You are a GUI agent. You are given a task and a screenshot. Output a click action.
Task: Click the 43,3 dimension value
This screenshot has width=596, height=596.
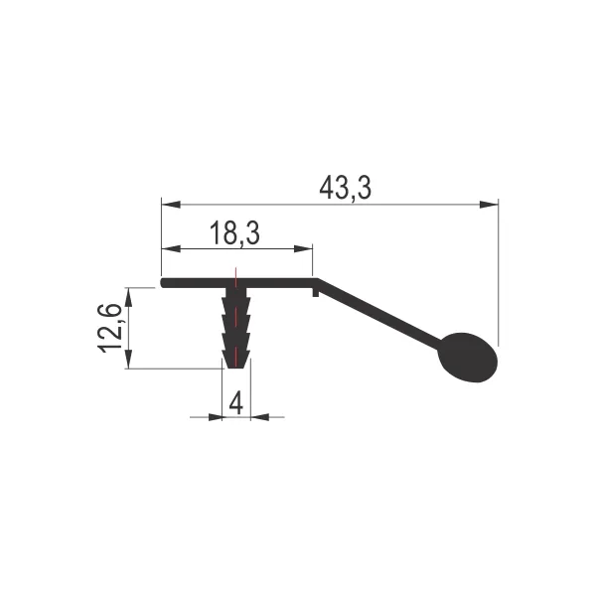click(x=345, y=188)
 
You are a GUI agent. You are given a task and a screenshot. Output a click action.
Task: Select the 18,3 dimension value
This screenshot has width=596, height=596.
click(x=234, y=232)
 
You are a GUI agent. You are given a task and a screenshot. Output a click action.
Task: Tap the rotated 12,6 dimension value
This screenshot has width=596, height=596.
click(x=110, y=329)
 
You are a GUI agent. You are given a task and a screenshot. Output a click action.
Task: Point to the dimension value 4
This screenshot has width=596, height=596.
click(x=236, y=403)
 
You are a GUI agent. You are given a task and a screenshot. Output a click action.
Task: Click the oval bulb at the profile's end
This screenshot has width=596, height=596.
click(x=468, y=358)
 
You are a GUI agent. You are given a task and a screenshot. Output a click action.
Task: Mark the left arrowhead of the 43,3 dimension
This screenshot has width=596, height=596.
click(x=171, y=205)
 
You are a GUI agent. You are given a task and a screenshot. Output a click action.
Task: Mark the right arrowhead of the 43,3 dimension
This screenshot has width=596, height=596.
click(x=489, y=205)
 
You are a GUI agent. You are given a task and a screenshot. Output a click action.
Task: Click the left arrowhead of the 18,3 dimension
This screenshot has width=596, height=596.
click(x=171, y=249)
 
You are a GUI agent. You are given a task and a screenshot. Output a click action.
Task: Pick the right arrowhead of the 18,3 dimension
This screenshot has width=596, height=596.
click(x=303, y=249)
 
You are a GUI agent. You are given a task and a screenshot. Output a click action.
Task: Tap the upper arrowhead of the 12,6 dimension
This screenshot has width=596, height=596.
click(x=129, y=297)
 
